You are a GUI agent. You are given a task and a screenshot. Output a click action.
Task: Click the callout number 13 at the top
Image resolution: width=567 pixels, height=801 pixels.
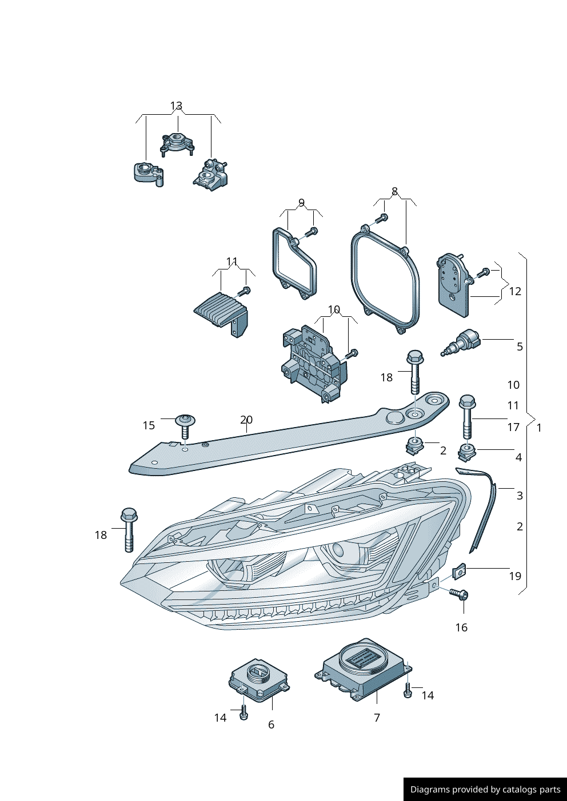coord(176,106)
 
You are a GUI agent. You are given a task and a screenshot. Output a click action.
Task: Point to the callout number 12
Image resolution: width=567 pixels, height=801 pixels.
coord(515,291)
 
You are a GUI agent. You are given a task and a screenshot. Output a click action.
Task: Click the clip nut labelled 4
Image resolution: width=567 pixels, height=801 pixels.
coord(466,453)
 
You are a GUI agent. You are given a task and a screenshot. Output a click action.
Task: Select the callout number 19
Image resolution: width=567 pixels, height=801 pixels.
coord(515,576)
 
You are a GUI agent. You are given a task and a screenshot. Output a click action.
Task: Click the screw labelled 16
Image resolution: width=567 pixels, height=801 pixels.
coord(459,594)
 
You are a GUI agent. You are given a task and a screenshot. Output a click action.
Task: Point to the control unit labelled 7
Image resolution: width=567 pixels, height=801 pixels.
coord(362,669)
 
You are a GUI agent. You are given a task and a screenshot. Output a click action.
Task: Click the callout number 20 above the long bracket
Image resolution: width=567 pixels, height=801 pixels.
coord(246,420)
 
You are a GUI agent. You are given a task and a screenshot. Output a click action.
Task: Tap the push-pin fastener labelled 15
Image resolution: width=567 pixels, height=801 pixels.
coord(185,426)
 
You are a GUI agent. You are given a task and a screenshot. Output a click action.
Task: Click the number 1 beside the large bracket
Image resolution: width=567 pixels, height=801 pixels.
coord(539,428)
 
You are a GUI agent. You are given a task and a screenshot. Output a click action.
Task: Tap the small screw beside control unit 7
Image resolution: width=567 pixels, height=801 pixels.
coord(408,690)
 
